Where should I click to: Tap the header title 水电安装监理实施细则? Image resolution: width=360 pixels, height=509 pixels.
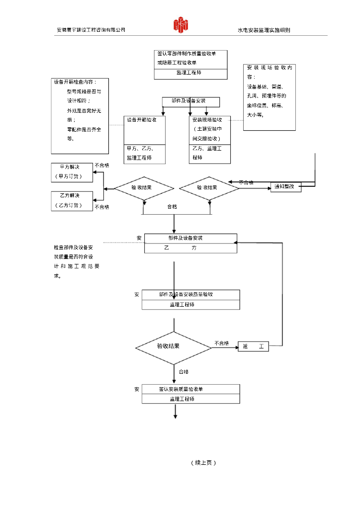click(x=264, y=30)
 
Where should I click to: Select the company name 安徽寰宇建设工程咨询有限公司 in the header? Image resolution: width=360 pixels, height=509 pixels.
click(x=90, y=30)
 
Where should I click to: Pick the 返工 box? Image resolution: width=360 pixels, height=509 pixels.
click(x=254, y=346)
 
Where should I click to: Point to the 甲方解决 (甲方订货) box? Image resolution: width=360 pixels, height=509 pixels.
click(x=72, y=171)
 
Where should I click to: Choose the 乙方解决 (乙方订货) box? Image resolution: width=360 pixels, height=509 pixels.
click(x=72, y=200)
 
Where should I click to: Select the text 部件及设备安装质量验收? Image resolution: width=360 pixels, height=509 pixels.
click(x=186, y=294)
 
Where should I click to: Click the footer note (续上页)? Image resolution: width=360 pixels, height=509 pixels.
click(x=203, y=463)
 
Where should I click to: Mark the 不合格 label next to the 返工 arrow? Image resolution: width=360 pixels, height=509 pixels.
click(x=222, y=343)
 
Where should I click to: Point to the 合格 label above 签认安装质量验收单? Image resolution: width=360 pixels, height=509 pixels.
click(x=183, y=371)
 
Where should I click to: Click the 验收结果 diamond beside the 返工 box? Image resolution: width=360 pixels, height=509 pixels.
click(x=174, y=346)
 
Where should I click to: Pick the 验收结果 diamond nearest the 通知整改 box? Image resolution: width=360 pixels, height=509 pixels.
click(x=208, y=188)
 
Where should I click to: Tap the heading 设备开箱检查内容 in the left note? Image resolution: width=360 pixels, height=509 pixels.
click(x=76, y=82)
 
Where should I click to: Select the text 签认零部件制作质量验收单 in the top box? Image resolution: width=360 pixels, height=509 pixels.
click(x=185, y=53)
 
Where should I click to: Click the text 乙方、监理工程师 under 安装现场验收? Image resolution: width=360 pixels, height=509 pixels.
click(x=207, y=153)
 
